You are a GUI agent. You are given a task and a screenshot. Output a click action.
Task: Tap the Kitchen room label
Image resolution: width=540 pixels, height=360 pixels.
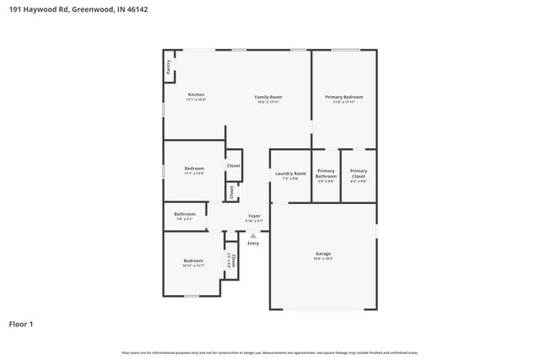coord(196,94)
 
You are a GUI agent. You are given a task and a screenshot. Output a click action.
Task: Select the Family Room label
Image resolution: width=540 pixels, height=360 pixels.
coord(268,97)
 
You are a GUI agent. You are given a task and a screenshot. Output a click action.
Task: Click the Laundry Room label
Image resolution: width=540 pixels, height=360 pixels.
coord(290,174)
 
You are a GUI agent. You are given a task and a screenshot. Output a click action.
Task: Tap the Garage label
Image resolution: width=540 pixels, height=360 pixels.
coord(323,254)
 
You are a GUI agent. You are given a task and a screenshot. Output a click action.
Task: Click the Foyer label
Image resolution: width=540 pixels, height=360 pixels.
coord(253,216)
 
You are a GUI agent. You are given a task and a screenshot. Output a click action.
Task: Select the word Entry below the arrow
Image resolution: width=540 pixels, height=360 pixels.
coord(253,243)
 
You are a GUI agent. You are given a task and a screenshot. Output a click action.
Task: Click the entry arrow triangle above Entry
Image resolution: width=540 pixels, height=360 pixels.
coord(253,235)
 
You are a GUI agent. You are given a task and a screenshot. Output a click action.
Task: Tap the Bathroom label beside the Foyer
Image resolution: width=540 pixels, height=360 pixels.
coord(185,214)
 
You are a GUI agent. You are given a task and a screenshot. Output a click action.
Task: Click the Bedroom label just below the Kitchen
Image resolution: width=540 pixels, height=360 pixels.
coord(194,169)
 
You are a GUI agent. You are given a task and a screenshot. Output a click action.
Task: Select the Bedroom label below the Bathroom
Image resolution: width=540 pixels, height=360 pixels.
coord(193,261)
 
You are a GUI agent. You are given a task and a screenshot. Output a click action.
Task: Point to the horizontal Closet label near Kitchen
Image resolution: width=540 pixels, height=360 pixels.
coord(233,165)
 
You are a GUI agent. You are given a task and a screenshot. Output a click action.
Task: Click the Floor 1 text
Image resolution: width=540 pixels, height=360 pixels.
coord(21,323)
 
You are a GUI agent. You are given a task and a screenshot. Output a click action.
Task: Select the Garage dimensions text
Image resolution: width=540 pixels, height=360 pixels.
coord(323,259)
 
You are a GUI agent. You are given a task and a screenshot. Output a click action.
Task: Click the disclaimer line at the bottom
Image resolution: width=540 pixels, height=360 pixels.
coord(269,352)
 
